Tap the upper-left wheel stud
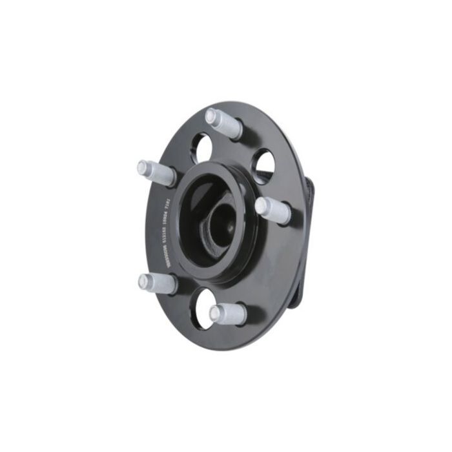point(157,172)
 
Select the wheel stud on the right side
point(272,211)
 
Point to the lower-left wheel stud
point(158,283)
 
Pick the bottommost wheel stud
point(227,314)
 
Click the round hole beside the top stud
point(201,148)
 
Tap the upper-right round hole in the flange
point(263,165)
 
